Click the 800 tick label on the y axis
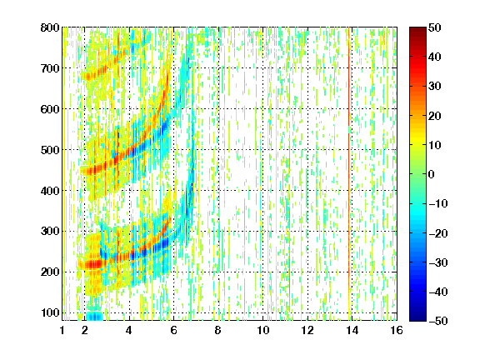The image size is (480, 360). [50, 27]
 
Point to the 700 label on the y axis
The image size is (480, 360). [50, 68]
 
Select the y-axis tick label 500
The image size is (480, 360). [50, 150]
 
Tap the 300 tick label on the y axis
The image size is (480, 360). [50, 231]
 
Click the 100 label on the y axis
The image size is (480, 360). [50, 312]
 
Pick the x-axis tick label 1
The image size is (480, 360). [62, 330]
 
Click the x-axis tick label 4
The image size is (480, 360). [129, 330]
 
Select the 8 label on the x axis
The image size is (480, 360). [217, 330]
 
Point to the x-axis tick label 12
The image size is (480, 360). [307, 330]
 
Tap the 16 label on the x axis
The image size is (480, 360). [397, 330]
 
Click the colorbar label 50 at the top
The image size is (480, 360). [435, 27]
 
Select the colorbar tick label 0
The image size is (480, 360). [432, 174]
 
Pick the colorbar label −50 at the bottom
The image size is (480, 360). [437, 321]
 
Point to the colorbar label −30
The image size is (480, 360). [437, 262]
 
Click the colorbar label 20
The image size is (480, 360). [435, 116]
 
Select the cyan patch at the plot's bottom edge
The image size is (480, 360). [94, 316]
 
